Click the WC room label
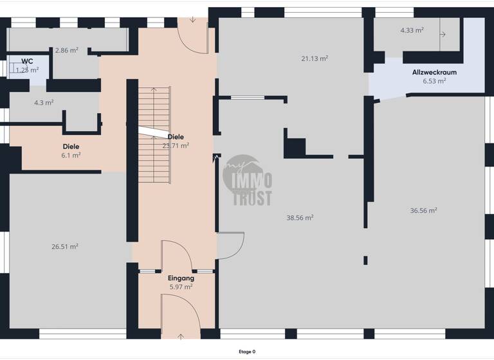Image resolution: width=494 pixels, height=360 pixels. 27,62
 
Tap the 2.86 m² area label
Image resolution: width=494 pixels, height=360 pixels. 66,50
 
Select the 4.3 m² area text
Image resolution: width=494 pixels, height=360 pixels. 43,102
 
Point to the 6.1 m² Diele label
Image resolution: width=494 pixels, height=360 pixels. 71,155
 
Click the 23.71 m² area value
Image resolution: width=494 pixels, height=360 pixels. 176,145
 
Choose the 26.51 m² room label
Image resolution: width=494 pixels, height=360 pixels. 64,246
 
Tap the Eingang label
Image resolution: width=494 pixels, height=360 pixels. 181,278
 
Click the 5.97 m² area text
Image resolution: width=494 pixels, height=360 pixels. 181,287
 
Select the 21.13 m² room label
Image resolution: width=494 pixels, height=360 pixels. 315,58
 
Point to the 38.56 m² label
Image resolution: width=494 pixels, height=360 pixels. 300,217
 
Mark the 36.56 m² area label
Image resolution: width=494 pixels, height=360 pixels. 423,210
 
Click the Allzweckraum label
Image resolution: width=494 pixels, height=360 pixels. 434,73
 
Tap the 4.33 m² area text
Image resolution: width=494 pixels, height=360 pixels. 412,30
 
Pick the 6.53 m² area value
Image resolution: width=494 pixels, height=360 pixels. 434,81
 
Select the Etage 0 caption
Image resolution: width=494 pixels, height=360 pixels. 247,352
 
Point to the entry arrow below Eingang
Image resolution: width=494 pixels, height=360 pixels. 181,336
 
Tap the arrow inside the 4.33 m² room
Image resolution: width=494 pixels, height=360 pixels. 443,34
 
